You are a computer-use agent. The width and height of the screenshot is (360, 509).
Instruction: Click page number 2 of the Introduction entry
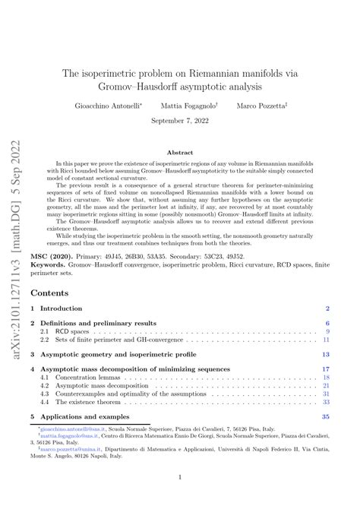[x=327, y=308]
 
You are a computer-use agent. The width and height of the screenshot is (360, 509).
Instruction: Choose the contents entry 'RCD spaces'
[x=76, y=332]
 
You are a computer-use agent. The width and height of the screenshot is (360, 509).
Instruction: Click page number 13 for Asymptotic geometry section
[x=326, y=354]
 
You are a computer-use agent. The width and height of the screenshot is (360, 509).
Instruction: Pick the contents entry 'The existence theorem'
[x=96, y=402]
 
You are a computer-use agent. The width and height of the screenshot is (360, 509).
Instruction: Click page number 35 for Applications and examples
[x=326, y=417]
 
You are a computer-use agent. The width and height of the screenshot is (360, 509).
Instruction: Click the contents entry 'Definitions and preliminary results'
[x=103, y=323]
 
